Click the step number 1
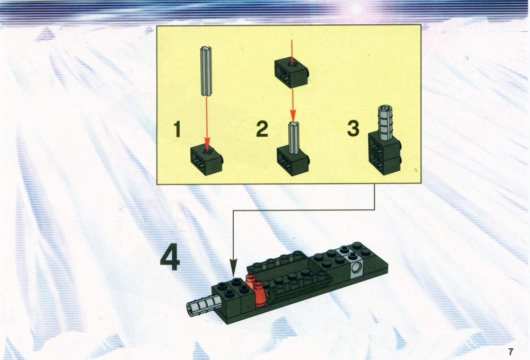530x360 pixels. (177, 129)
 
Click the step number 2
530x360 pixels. (262, 129)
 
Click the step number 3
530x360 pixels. (354, 128)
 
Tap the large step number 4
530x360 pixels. (170, 258)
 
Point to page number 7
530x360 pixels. (510, 351)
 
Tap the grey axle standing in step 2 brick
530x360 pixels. (293, 135)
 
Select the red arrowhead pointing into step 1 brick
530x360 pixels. (207, 144)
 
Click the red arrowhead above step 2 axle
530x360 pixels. (293, 116)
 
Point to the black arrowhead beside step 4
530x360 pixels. (234, 266)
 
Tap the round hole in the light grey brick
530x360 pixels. (356, 269)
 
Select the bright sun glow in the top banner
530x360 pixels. (356, 9)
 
